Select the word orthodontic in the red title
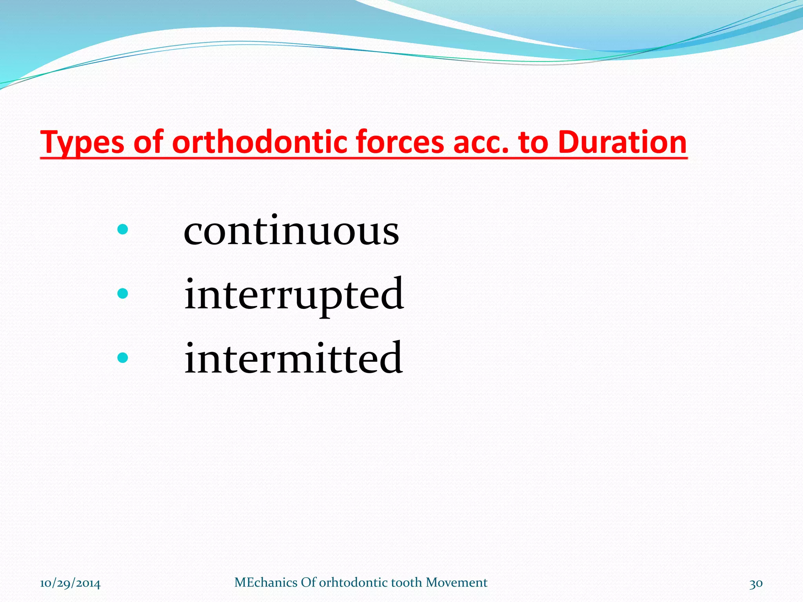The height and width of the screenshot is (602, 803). click(258, 142)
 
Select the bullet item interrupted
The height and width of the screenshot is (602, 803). click(294, 295)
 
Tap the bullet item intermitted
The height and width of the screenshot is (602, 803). click(293, 358)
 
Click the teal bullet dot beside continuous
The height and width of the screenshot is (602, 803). click(123, 229)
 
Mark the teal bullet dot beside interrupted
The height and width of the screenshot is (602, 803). click(123, 293)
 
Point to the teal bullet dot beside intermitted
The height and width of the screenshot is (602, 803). click(123, 357)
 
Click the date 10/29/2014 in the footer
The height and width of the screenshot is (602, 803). click(70, 583)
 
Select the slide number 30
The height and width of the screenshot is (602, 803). click(756, 583)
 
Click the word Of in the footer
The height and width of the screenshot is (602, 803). click(308, 582)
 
